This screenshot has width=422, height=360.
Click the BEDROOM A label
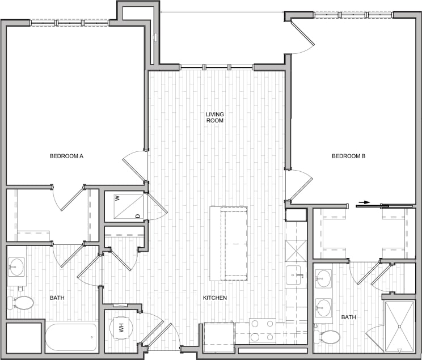(67, 156)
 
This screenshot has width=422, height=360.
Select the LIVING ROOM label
(215, 117)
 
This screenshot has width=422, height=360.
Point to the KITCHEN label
(215, 298)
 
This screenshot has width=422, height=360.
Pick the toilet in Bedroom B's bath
(329, 337)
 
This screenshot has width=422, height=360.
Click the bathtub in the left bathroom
(71, 337)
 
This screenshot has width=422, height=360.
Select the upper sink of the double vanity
(323, 278)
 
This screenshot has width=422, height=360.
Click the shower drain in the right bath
(401, 326)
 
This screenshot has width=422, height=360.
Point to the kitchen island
(229, 244)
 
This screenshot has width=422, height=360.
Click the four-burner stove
(263, 331)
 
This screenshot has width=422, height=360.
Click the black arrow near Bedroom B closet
(364, 202)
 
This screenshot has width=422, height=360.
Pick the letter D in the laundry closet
(137, 215)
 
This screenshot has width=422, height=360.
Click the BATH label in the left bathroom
(57, 298)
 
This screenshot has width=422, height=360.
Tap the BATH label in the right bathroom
(348, 317)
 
